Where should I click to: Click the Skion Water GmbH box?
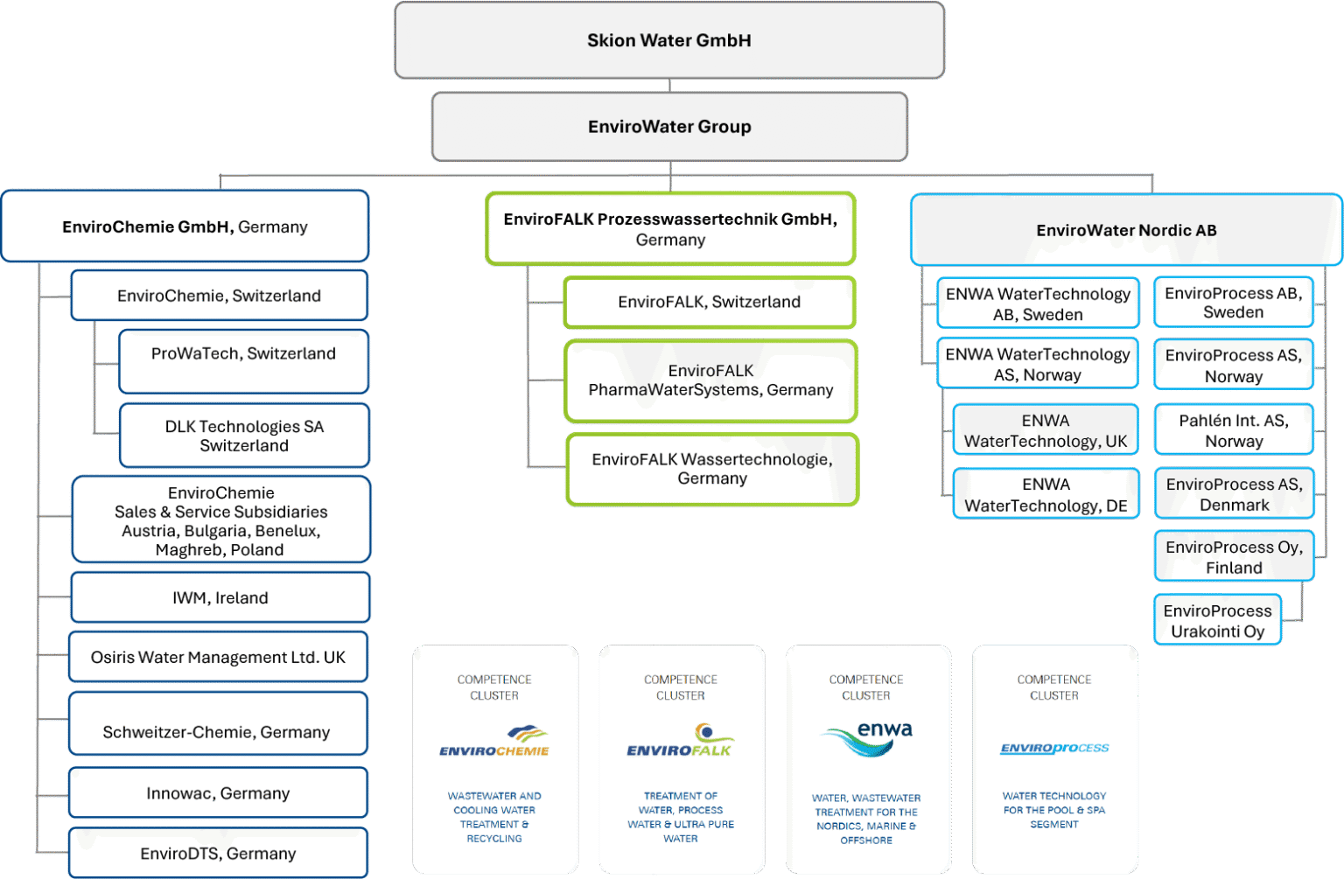click(x=669, y=41)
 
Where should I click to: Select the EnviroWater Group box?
click(x=669, y=127)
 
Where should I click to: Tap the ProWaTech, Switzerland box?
click(x=243, y=361)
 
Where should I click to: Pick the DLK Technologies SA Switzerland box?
click(x=244, y=436)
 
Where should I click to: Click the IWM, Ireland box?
click(x=220, y=598)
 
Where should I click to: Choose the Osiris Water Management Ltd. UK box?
click(x=218, y=658)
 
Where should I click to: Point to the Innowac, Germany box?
click(x=218, y=793)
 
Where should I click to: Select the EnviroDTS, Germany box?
click(x=218, y=854)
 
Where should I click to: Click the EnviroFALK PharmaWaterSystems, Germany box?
click(x=710, y=381)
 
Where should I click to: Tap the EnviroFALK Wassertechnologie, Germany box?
click(x=712, y=470)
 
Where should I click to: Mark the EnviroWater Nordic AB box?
click(x=1126, y=231)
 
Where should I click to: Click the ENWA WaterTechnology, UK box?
click(x=1046, y=431)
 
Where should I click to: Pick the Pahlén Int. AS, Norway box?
click(x=1234, y=431)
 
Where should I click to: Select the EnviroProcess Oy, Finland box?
click(x=1234, y=557)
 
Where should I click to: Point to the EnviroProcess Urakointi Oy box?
click(x=1217, y=621)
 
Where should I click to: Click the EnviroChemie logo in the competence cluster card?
click(x=494, y=742)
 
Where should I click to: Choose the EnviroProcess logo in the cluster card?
click(x=1054, y=749)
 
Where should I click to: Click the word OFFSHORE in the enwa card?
click(x=866, y=841)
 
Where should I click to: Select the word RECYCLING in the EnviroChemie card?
click(x=494, y=839)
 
